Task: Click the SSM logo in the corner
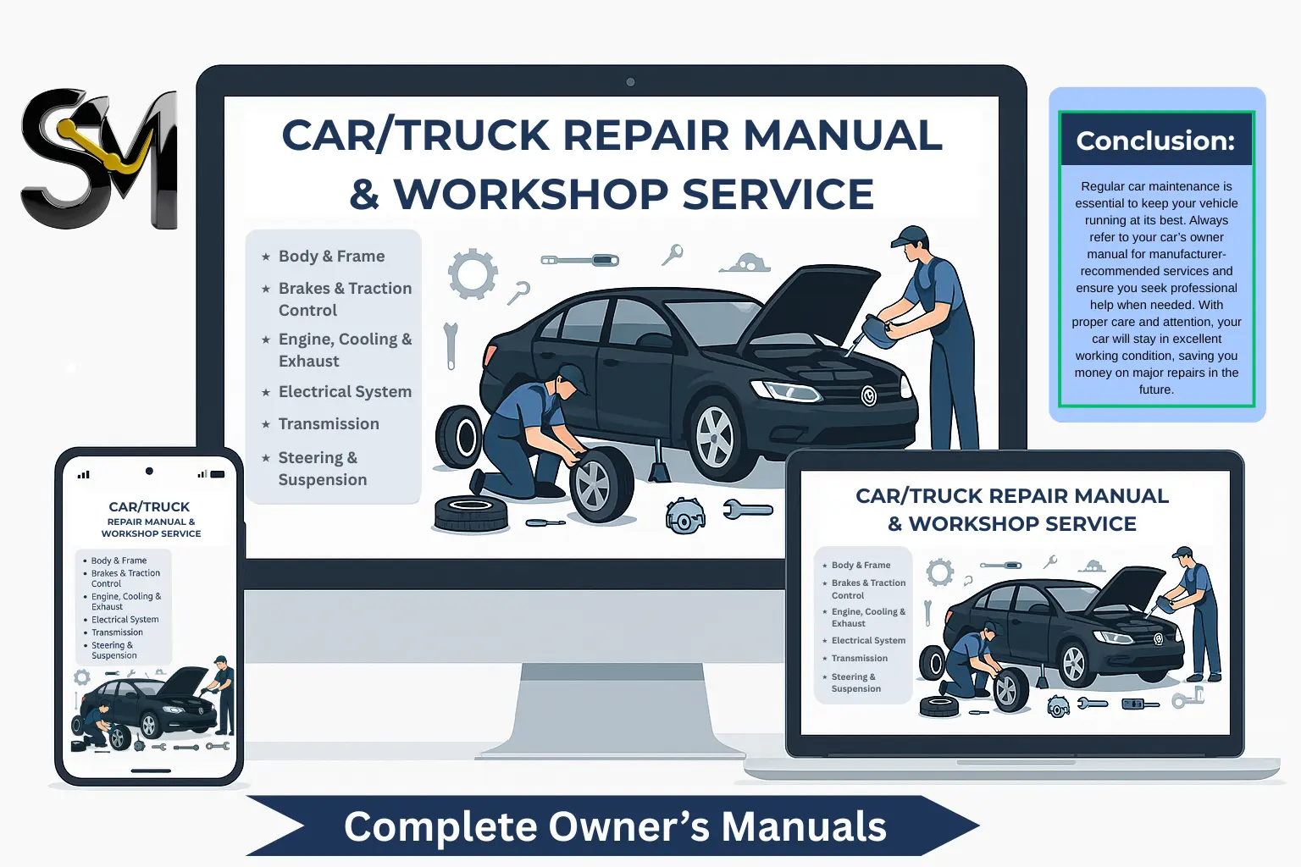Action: tap(99, 158)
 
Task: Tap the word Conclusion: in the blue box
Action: tap(1155, 141)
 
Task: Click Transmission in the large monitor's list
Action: tap(329, 424)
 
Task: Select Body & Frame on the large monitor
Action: tap(332, 256)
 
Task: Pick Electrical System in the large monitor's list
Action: tap(345, 391)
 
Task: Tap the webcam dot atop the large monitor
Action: tap(630, 82)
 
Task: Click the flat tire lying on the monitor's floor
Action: tap(470, 513)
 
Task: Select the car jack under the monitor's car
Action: tap(659, 461)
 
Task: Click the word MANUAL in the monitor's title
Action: tap(843, 135)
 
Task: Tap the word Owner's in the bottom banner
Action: tap(629, 826)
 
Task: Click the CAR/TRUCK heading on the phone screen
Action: tap(149, 507)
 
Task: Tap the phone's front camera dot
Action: tap(149, 471)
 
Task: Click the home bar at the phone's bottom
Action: tap(151, 770)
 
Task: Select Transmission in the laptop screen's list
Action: tap(860, 658)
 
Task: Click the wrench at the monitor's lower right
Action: tap(748, 510)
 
